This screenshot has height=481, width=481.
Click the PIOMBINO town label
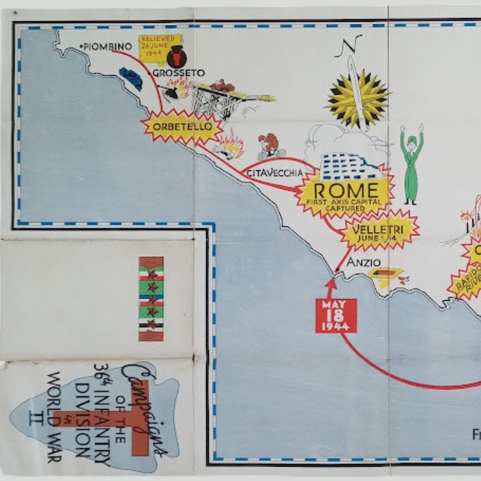[107, 46]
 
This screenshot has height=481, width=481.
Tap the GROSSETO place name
[179, 73]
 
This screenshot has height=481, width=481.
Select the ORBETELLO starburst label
[182, 126]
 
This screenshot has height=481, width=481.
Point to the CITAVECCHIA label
[274, 173]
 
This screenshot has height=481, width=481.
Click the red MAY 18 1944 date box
[336, 316]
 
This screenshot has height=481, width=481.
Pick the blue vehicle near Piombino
[131, 78]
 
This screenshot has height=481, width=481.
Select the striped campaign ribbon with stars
[151, 298]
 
